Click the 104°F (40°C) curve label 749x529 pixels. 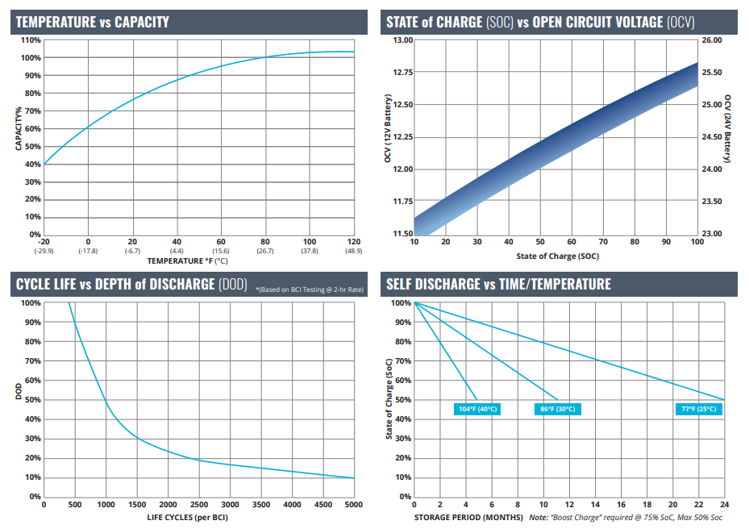coord(477,409)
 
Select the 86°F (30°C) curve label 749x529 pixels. coord(557,409)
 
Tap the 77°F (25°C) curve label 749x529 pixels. coord(699,409)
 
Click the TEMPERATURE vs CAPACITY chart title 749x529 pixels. coord(93,22)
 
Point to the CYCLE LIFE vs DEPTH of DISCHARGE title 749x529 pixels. coord(132,285)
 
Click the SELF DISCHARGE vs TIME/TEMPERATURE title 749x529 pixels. coord(498,285)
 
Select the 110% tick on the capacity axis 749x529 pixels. coord(31,40)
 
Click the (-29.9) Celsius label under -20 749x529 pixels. coord(44,251)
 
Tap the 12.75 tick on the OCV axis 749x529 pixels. coord(402,72)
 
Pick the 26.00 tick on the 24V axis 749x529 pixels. coord(712,40)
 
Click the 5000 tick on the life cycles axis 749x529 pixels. coord(353,505)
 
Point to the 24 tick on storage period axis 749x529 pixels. coord(725,505)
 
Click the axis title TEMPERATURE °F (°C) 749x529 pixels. coord(187,261)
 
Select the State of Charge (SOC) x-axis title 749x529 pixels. coord(557,256)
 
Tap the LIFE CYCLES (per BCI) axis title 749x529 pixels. coord(187,518)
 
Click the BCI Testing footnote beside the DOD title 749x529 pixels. coord(310,289)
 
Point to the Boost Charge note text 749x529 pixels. coord(626,518)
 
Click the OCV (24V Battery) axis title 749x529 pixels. coord(727,128)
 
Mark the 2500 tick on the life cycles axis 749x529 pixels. coord(199,505)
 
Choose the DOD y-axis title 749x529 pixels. coord(19,391)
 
